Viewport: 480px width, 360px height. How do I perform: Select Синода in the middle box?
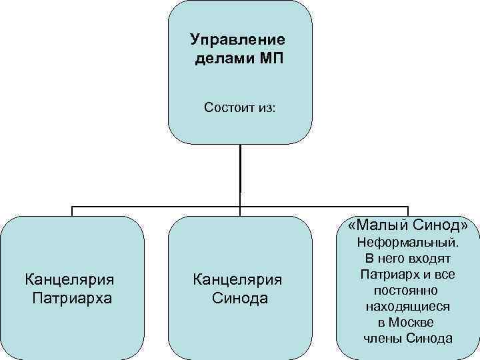pyautogui.click(x=240, y=298)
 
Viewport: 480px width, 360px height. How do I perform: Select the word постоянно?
pyautogui.click(x=407, y=291)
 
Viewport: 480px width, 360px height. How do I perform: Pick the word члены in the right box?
pyautogui.click(x=382, y=339)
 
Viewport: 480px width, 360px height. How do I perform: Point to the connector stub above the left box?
pyautogui.click(x=72, y=211)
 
